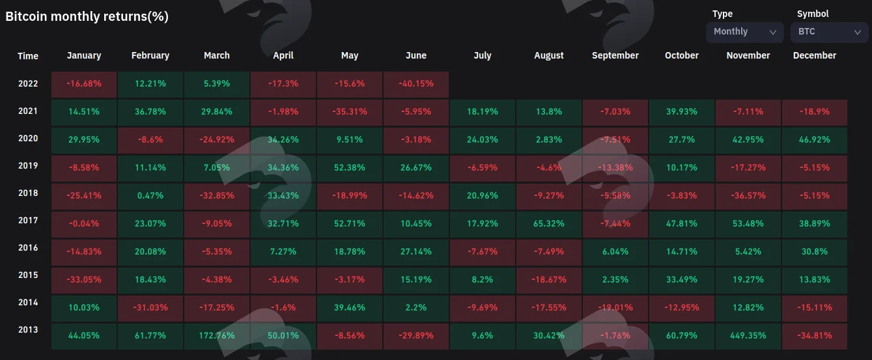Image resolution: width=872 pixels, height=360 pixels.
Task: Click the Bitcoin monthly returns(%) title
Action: [87, 16]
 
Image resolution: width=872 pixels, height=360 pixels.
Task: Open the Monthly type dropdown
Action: [744, 32]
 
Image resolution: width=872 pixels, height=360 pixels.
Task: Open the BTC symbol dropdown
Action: [829, 32]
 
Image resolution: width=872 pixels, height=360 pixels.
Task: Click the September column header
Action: [615, 55]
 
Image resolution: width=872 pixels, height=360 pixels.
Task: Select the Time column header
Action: [28, 56]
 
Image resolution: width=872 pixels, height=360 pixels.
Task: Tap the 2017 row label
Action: [28, 220]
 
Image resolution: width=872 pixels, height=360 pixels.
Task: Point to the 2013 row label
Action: [28, 329]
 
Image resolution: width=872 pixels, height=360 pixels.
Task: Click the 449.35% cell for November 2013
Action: [748, 336]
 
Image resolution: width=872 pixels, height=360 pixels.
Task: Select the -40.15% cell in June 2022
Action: [415, 84]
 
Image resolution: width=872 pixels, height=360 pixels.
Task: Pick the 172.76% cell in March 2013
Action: [216, 336]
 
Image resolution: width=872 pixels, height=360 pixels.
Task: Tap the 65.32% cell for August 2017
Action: [548, 224]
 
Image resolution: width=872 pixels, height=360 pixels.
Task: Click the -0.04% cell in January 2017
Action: [84, 224]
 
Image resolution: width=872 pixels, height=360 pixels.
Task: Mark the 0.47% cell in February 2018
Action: [150, 196]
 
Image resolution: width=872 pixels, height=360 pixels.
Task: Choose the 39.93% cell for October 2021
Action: [681, 112]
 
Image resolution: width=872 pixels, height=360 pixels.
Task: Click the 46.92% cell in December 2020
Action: [815, 140]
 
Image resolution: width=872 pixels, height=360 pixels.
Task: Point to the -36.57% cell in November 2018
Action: [748, 196]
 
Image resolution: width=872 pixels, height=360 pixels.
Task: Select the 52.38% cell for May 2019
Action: [349, 168]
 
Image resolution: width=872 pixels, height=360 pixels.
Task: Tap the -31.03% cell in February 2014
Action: [150, 308]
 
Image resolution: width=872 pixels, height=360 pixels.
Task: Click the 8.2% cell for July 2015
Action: [483, 280]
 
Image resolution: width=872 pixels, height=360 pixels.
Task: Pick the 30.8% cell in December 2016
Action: [815, 252]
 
